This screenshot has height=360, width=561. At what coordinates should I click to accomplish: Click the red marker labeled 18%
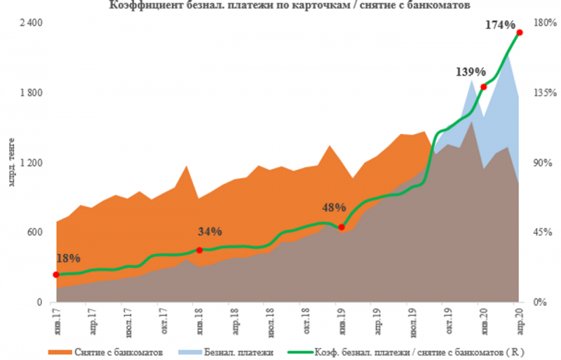[x=56, y=274]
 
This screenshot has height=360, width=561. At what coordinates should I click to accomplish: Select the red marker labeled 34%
[x=199, y=250]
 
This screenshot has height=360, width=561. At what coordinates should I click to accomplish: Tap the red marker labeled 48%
[x=341, y=227]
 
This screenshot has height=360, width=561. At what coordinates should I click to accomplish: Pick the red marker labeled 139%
[x=483, y=86]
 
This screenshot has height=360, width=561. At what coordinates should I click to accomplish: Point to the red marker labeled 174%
[x=520, y=32]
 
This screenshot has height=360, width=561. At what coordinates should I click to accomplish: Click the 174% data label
[x=500, y=25]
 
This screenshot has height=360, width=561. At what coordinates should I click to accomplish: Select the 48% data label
[x=334, y=208]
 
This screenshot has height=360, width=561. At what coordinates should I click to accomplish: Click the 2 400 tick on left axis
[x=32, y=22]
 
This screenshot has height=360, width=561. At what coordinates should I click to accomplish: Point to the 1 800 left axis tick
[x=32, y=93]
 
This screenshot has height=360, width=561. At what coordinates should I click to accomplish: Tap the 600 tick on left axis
[x=36, y=232]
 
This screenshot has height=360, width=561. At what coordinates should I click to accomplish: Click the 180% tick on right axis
[x=544, y=22]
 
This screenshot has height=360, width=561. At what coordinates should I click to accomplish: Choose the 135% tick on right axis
[x=544, y=93]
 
